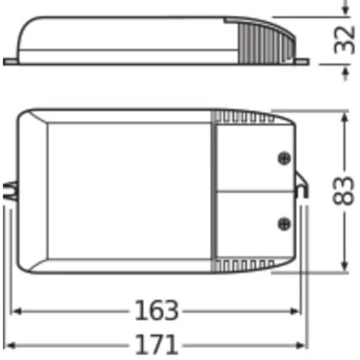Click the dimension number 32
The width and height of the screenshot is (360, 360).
344,40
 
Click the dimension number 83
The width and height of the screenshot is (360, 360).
344,191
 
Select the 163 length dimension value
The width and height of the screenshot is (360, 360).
156,310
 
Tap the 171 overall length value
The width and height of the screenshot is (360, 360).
156,345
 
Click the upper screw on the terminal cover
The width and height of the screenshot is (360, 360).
284,159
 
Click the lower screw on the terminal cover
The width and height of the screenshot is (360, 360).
284,224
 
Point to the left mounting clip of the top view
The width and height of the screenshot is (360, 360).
10,191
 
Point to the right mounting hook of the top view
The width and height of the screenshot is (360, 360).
302,185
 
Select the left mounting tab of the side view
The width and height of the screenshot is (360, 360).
11,61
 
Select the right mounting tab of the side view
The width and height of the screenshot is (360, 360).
301,61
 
